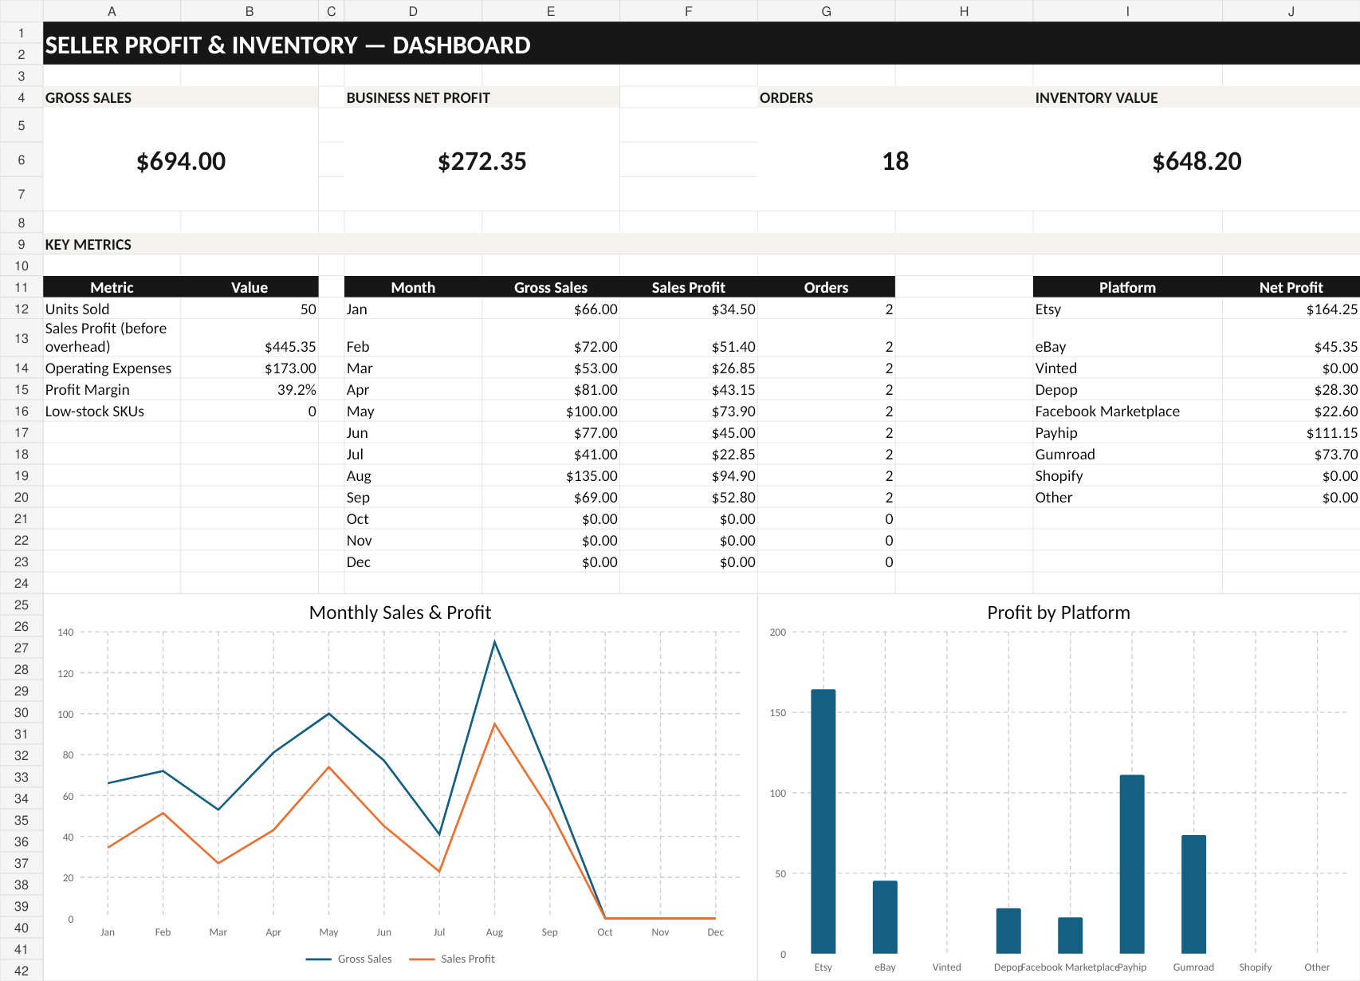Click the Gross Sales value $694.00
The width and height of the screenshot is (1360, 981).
coord(181,161)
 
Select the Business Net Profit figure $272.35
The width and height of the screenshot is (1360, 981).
coord(482,161)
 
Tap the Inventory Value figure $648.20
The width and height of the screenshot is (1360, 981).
coord(1197,161)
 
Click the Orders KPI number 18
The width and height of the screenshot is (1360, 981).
coord(895,161)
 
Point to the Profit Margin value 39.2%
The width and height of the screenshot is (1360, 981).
coord(297,390)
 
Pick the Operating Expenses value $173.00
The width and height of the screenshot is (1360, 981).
coord(290,368)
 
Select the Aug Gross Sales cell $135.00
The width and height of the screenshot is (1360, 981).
coord(592,476)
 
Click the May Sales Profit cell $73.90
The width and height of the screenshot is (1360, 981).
coord(733,412)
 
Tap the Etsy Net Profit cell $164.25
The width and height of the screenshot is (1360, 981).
coord(1331,309)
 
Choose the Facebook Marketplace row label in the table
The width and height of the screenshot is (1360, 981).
coord(1107,412)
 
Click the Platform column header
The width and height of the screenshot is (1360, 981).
coord(1127,287)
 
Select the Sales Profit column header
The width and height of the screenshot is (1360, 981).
coord(689,287)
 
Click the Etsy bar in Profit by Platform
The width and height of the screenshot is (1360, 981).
coord(823,821)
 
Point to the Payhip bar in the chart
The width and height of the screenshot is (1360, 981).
coord(1132,865)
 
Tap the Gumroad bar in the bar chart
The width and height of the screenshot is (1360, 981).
coord(1193,894)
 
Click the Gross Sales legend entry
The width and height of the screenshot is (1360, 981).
coord(348,959)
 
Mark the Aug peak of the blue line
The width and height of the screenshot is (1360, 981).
coord(494,641)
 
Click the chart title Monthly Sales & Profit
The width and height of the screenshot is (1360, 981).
coord(400,613)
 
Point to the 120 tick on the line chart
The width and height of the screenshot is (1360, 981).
coord(65,673)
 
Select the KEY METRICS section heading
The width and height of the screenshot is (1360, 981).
coord(88,244)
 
